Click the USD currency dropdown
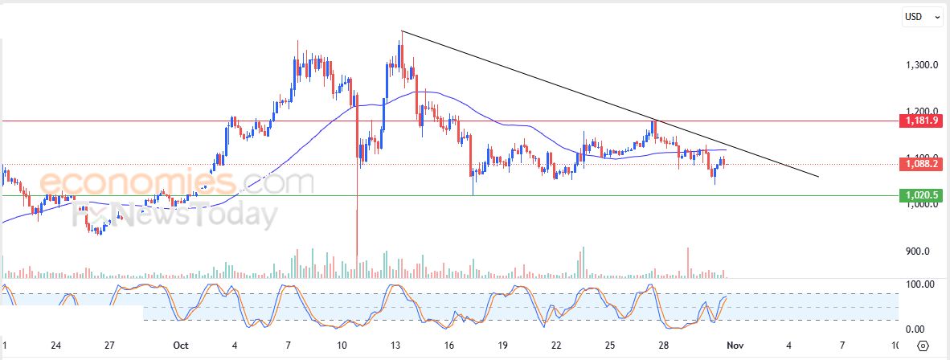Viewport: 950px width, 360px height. click(923, 16)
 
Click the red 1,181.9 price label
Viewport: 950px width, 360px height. click(923, 121)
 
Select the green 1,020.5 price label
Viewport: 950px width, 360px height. click(923, 195)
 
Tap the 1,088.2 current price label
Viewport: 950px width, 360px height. click(923, 164)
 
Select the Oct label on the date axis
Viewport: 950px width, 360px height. click(180, 346)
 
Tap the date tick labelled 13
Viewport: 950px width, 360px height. click(395, 346)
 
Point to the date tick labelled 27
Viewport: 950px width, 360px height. click(109, 346)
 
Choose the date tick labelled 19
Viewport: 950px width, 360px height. click(502, 346)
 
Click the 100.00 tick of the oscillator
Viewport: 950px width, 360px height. click(919, 284)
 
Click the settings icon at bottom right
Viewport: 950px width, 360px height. click(923, 346)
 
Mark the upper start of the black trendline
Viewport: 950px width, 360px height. click(402, 31)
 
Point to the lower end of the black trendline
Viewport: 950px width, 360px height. click(817, 176)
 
